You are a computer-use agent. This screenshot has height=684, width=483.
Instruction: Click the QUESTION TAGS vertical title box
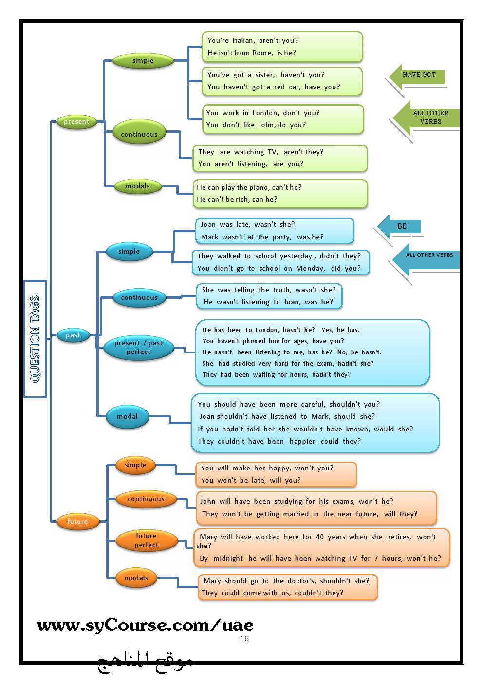coord(35,339)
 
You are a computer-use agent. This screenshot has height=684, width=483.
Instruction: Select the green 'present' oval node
coord(76,122)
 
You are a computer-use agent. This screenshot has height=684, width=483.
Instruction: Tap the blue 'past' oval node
coord(73,335)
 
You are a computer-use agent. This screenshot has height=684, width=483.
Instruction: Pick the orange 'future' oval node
coord(78,521)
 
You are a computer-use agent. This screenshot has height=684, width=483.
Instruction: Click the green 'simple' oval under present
coord(143,60)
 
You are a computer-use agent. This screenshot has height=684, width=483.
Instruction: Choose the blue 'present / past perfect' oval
coord(138,348)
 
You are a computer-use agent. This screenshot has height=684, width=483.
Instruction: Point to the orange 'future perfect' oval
coord(147,540)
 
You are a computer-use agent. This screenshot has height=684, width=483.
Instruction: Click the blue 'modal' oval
coord(128,416)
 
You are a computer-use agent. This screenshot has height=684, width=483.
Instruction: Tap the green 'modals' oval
coord(138,186)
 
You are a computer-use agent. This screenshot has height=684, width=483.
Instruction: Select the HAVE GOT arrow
coord(416,77)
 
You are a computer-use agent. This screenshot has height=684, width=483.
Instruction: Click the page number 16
coord(244,638)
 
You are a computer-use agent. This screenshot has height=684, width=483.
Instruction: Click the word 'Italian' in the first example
coord(243,40)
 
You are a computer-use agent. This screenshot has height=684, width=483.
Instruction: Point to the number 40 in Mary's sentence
coord(320,537)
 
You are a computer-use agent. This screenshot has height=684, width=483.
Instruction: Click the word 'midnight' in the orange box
coord(228,559)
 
